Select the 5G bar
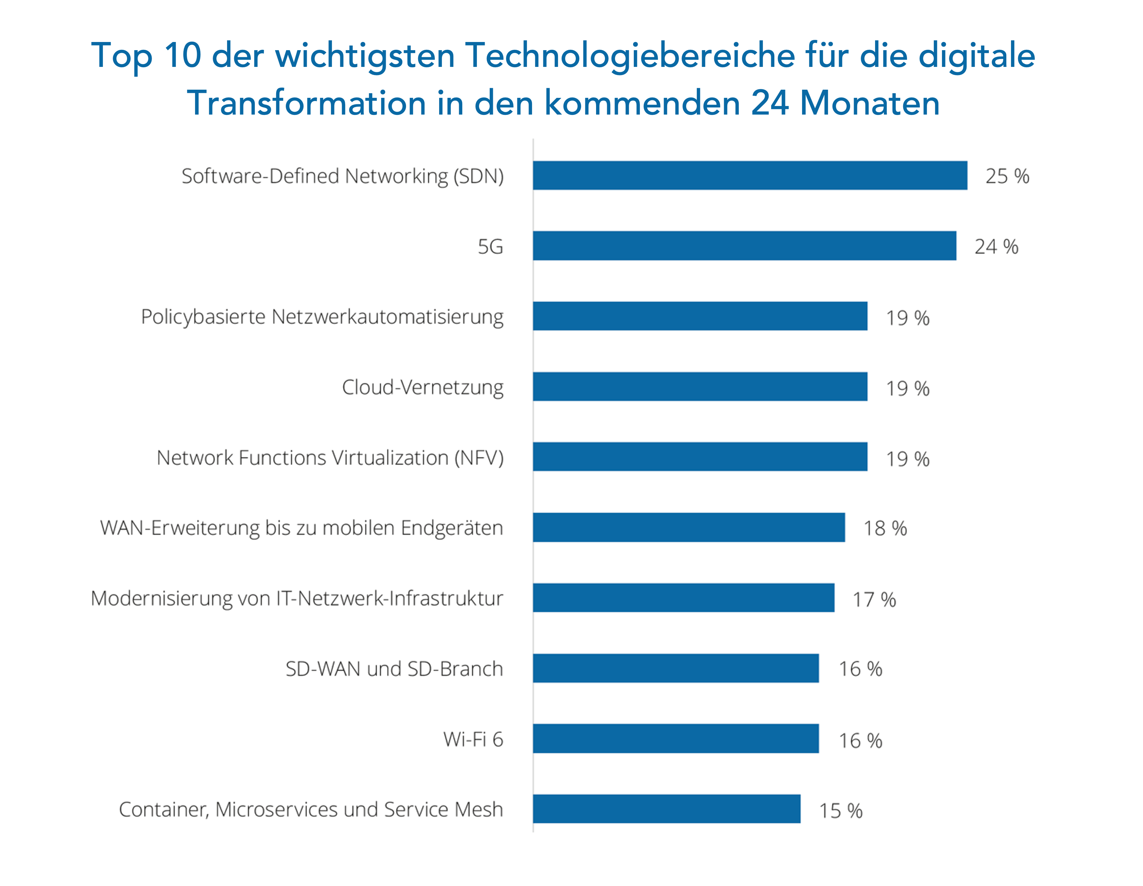pos(744,246)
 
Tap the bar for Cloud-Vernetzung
pos(700,386)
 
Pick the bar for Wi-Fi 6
pos(676,738)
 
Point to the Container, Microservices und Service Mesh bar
pos(666,808)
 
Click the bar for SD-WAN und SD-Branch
pos(676,668)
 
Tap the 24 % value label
pos(996,247)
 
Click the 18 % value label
pos(884,528)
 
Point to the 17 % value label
pos(874,599)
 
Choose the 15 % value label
pos(840,810)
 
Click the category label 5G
pos(490,247)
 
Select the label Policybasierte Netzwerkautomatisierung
pos(322,317)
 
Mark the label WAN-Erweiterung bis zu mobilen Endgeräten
pos(301,528)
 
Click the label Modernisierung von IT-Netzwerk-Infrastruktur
pos(297,598)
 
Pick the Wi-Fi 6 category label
pos(473,739)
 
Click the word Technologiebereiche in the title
pos(630,56)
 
